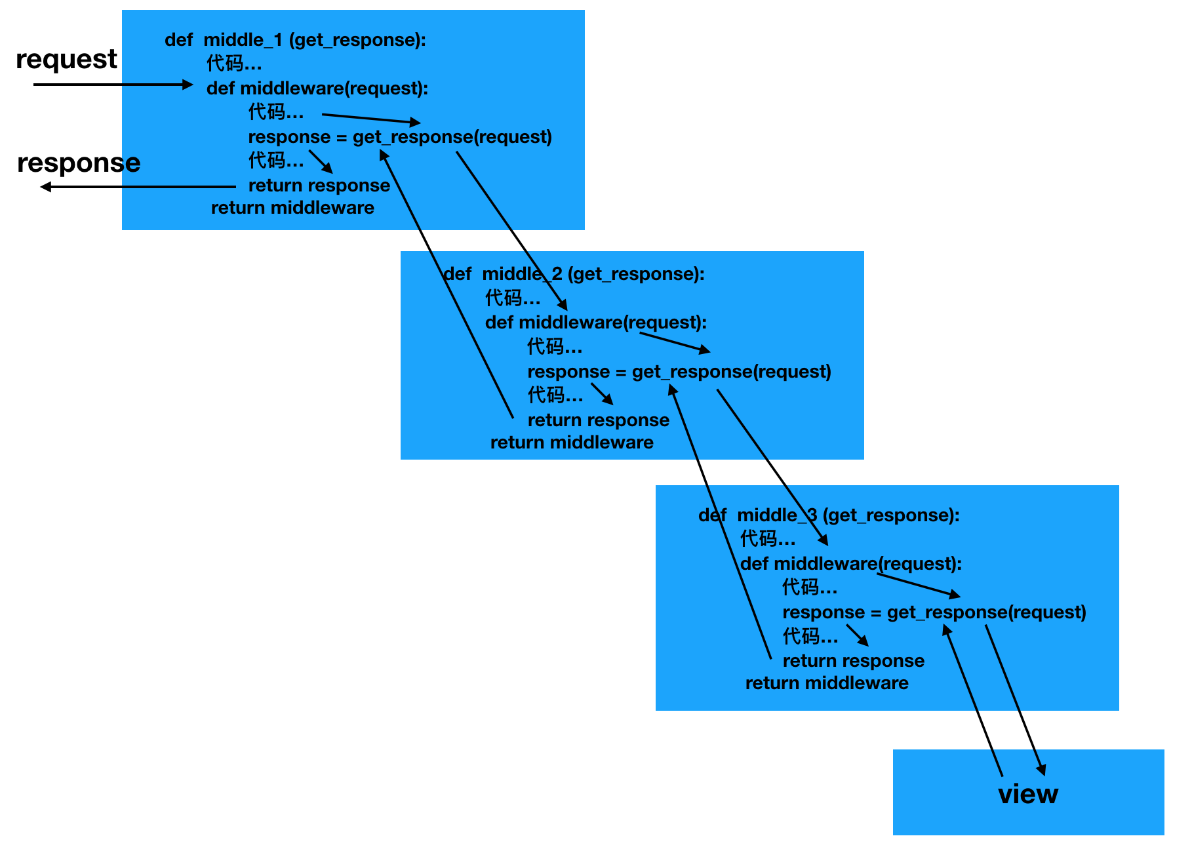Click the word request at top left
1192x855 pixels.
[66, 60]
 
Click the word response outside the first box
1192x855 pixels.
[79, 163]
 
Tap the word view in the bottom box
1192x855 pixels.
[1027, 794]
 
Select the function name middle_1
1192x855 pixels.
[243, 40]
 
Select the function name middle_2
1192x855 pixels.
[522, 274]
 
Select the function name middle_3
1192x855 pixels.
[777, 515]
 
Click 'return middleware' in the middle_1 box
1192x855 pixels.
[292, 208]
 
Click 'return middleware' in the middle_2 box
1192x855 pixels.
[572, 443]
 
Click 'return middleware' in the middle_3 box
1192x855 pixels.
[827, 683]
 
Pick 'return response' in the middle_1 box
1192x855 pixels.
[319, 186]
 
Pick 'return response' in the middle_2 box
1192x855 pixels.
[599, 420]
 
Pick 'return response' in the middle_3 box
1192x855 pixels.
[854, 661]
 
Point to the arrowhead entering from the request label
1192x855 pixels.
[188, 85]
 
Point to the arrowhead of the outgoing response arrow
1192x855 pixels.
[45, 187]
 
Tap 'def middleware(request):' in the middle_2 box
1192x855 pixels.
[596, 323]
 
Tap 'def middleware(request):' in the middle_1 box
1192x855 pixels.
[317, 89]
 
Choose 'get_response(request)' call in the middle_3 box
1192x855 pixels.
[986, 612]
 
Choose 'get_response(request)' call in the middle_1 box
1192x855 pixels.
[452, 137]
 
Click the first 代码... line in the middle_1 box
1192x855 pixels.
[234, 64]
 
